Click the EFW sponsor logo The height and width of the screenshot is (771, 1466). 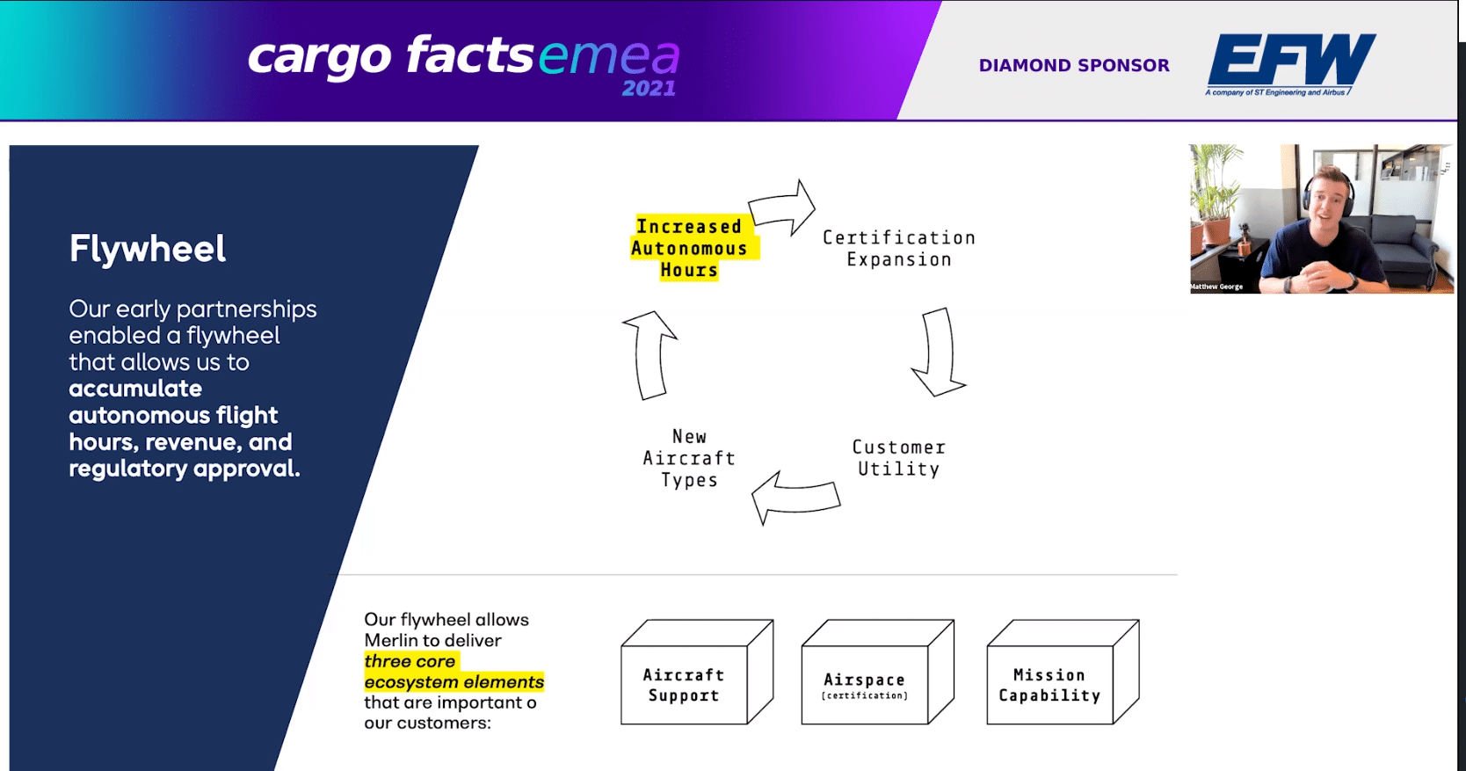pos(1290,64)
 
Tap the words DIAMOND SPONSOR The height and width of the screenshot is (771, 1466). pos(1074,65)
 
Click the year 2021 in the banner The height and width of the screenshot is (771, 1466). pos(649,89)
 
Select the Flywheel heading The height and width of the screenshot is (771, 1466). pos(148,249)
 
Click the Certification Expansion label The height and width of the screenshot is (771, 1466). pos(899,249)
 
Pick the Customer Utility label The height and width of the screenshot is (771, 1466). pos(898,458)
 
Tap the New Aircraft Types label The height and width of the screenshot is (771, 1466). pos(689,458)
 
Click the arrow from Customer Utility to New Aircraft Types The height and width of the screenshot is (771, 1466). pos(795,497)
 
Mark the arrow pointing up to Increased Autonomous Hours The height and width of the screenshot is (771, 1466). pos(650,355)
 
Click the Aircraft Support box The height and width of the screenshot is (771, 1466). pos(697,672)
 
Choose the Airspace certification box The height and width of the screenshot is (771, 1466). pos(878,672)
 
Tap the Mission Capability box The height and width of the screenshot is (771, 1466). pos(1063,672)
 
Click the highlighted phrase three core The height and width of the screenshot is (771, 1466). pos(410,661)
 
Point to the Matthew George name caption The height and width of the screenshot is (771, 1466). pos(1216,287)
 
